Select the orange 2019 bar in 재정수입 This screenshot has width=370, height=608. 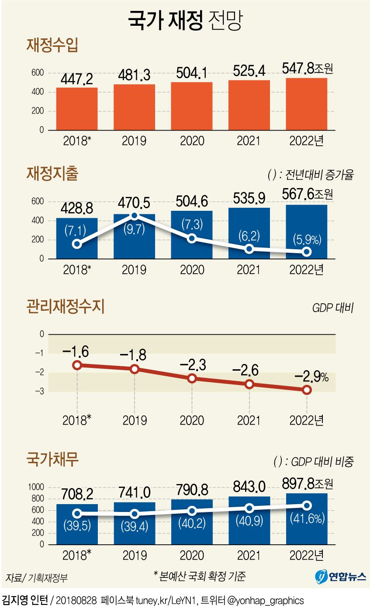[x=134, y=107]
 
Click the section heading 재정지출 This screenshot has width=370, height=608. [x=52, y=174]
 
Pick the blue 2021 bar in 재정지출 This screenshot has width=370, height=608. [x=249, y=234]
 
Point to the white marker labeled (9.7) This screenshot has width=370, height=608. [x=135, y=216]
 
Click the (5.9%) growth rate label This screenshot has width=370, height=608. [x=307, y=239]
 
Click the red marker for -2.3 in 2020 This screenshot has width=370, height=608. [x=192, y=378]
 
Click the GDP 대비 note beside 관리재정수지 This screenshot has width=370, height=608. [x=332, y=308]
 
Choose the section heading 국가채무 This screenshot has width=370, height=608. [x=52, y=460]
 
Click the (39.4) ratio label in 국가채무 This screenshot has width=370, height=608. [x=134, y=526]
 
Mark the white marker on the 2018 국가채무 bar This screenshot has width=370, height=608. [x=77, y=514]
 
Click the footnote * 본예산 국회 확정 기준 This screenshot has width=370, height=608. [x=199, y=576]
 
